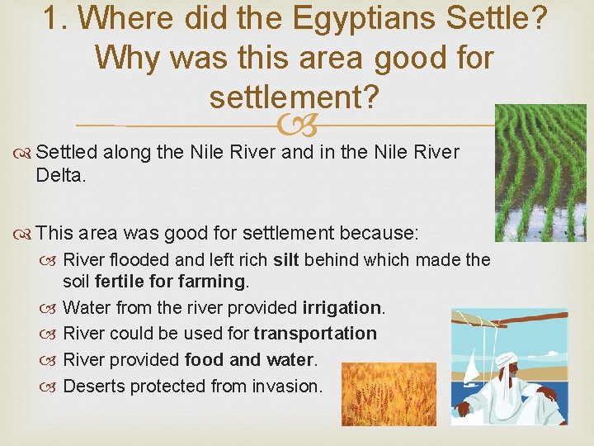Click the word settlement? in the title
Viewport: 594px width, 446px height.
(x=294, y=97)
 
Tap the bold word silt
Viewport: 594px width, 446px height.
(x=285, y=260)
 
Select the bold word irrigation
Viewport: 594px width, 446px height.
(x=342, y=307)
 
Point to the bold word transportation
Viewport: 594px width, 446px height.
(x=314, y=334)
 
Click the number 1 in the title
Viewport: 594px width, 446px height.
(x=52, y=19)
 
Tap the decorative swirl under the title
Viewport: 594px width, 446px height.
(x=297, y=126)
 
